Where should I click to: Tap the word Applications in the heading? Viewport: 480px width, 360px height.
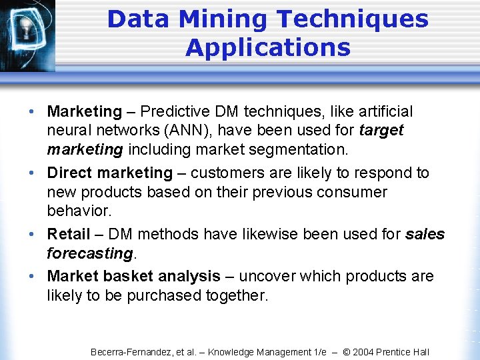tap(267, 48)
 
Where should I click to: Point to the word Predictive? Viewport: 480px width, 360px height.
tap(171, 111)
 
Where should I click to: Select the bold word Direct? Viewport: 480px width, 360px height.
tap(70, 173)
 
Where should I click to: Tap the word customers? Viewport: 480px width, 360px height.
tap(229, 173)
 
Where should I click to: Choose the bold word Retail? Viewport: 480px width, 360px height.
tap(68, 234)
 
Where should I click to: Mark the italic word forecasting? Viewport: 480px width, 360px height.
tap(89, 253)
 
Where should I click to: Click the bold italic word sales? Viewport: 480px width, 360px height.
tap(425, 234)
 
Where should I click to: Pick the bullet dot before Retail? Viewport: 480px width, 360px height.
tap(33, 234)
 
